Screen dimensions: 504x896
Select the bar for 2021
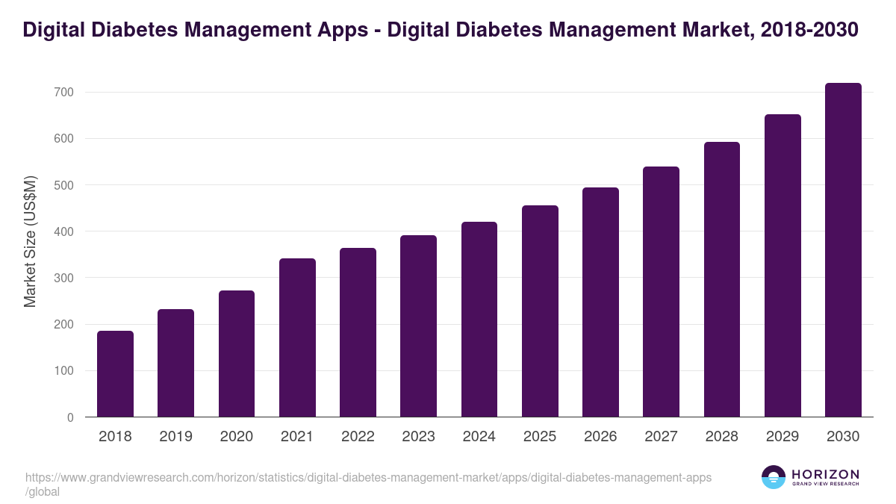297,337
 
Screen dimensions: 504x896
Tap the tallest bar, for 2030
843,250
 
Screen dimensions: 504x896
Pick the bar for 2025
540,311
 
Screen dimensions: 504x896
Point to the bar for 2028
722,279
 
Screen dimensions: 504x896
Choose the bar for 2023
418,326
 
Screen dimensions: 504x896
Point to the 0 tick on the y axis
70,417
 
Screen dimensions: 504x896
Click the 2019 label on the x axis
175,437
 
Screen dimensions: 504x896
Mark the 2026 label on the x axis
600,437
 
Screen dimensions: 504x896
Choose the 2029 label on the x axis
783,437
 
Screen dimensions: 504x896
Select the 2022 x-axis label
358,437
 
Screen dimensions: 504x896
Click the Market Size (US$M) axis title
30,241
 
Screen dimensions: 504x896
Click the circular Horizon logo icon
774,477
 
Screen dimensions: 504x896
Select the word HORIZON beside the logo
825,474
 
